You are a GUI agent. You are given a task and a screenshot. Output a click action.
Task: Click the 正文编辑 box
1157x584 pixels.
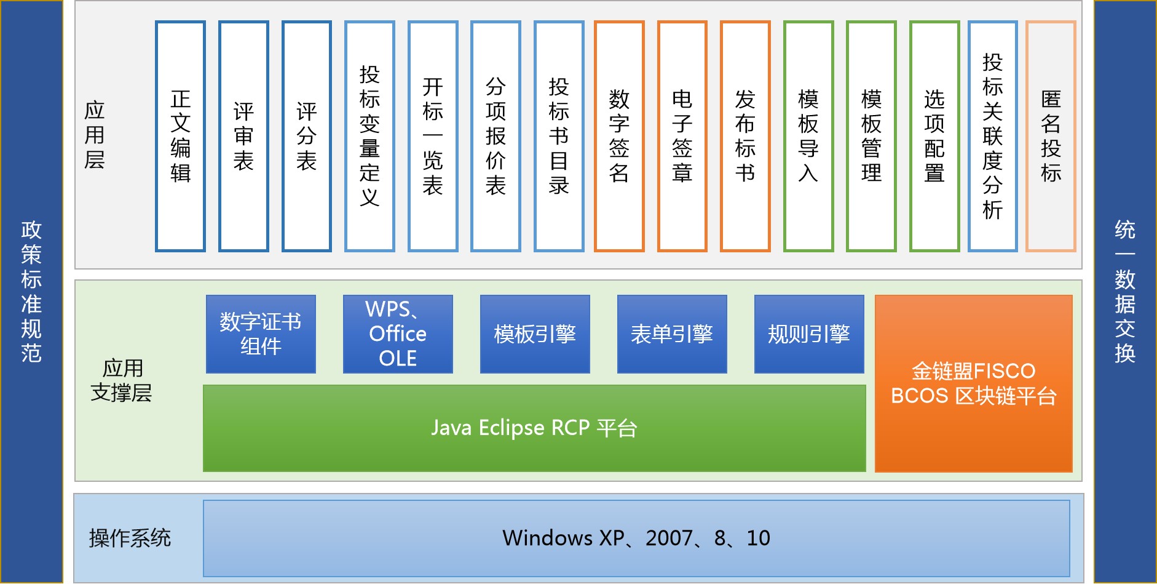pos(180,136)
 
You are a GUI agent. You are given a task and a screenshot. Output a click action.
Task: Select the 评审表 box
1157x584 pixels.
pos(243,136)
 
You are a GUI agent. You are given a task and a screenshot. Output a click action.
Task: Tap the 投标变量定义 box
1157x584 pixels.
pos(369,136)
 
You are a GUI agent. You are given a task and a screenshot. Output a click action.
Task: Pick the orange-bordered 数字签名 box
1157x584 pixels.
pos(619,136)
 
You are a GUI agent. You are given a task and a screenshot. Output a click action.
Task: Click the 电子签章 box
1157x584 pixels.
pos(682,136)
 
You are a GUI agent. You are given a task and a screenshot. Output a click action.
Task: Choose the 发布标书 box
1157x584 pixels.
pos(745,136)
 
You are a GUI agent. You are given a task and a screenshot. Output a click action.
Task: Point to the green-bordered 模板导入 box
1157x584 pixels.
pos(808,136)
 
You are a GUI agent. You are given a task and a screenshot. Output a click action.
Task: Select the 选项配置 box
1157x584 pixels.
pos(934,136)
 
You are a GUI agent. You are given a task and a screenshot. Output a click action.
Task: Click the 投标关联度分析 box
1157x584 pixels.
pos(993,136)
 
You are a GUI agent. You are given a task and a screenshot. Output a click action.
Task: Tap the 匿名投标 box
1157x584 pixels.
pos(1051,136)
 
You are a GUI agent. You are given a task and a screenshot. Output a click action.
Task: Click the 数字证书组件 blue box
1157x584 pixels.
pos(261,334)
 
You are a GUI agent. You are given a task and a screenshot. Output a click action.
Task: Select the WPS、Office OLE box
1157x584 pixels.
pos(398,334)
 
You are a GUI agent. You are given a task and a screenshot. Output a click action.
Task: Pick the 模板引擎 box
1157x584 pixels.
pos(535,334)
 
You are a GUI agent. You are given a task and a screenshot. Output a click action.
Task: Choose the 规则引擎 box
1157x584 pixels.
pos(809,334)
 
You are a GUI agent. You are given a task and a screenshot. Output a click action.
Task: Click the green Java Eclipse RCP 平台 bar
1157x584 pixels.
pos(534,428)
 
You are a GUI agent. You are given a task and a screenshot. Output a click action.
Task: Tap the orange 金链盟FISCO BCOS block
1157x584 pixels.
pos(973,383)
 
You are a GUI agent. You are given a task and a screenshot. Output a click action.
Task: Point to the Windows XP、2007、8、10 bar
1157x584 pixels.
pos(636,538)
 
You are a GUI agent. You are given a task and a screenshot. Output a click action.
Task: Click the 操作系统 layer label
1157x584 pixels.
pos(130,538)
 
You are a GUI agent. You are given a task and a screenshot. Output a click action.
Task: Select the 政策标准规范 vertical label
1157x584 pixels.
pos(31,292)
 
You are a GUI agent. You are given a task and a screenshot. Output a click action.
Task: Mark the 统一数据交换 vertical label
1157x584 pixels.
pos(1125,292)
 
